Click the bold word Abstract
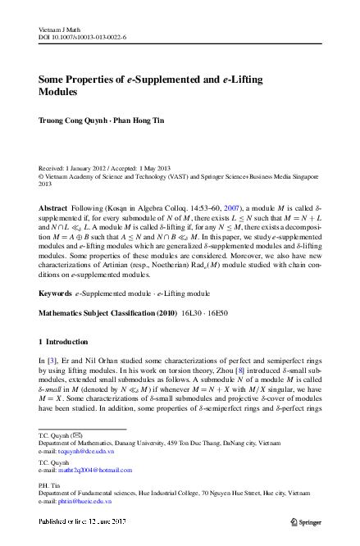click(54, 209)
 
